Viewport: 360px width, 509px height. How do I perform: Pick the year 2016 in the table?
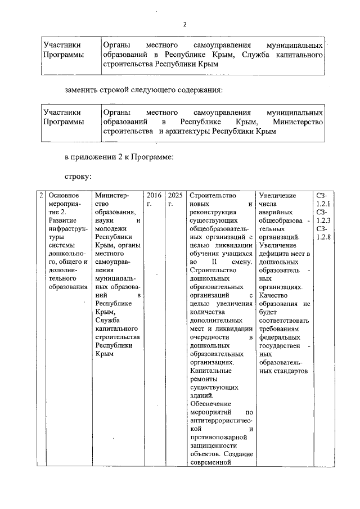point(154,195)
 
